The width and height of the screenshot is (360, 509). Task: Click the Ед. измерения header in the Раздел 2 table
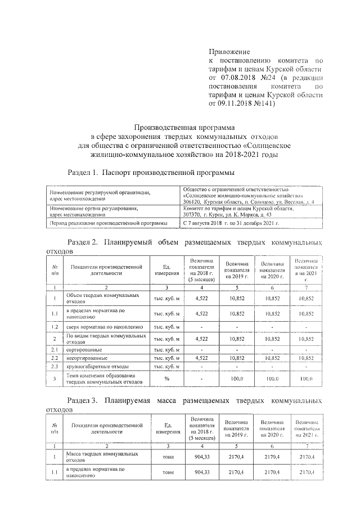[167, 269]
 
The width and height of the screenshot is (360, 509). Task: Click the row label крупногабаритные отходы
[94, 367]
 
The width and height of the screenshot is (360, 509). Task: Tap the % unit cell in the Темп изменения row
[167, 379]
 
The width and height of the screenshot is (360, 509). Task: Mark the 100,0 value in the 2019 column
[237, 379]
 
